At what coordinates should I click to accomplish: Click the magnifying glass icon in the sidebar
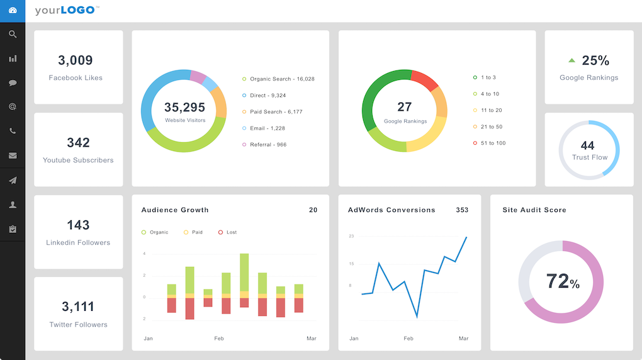[x=13, y=35]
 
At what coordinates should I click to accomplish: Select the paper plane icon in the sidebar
[x=13, y=181]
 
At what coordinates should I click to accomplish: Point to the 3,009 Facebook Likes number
[x=76, y=60]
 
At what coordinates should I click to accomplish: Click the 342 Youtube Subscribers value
[x=78, y=143]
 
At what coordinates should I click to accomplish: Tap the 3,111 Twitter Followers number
[x=78, y=307]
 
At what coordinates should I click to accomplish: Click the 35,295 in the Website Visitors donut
[x=185, y=108]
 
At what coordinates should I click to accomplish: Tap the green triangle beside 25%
[x=572, y=61]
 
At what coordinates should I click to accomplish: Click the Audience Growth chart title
[x=175, y=210]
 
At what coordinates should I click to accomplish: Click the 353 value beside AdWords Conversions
[x=462, y=210]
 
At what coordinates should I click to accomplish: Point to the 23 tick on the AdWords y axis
[x=351, y=236]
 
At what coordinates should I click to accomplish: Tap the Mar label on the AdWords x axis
[x=463, y=339]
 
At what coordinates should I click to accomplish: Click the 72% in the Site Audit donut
[x=562, y=281]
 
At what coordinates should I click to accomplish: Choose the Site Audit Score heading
[x=534, y=210]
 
